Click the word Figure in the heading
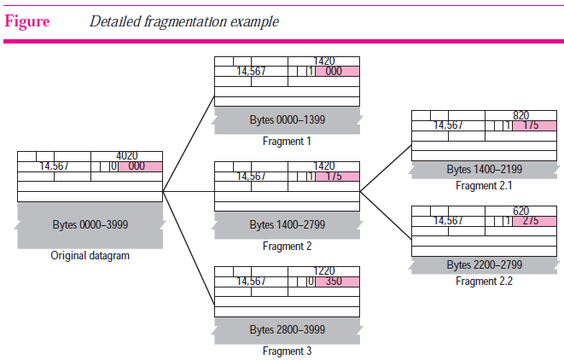coord(27,21)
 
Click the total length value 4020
coord(126,156)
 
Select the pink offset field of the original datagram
coord(140,166)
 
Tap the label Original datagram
coord(90,256)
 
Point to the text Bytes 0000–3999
coord(90,224)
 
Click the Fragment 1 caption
coord(287,142)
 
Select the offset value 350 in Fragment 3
coord(334,282)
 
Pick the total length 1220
coord(323,270)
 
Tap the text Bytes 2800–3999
coord(288,330)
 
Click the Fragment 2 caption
coord(287,247)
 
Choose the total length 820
coord(520,115)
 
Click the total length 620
coord(520,211)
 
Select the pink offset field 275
coord(534,221)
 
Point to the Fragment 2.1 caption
coord(484,186)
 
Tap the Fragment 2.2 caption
coord(484,281)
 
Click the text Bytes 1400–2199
coord(485,169)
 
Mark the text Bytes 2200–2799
coord(485,264)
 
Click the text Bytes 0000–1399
coord(288,119)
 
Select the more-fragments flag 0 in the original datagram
coord(113,166)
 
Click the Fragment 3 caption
coord(287,351)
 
